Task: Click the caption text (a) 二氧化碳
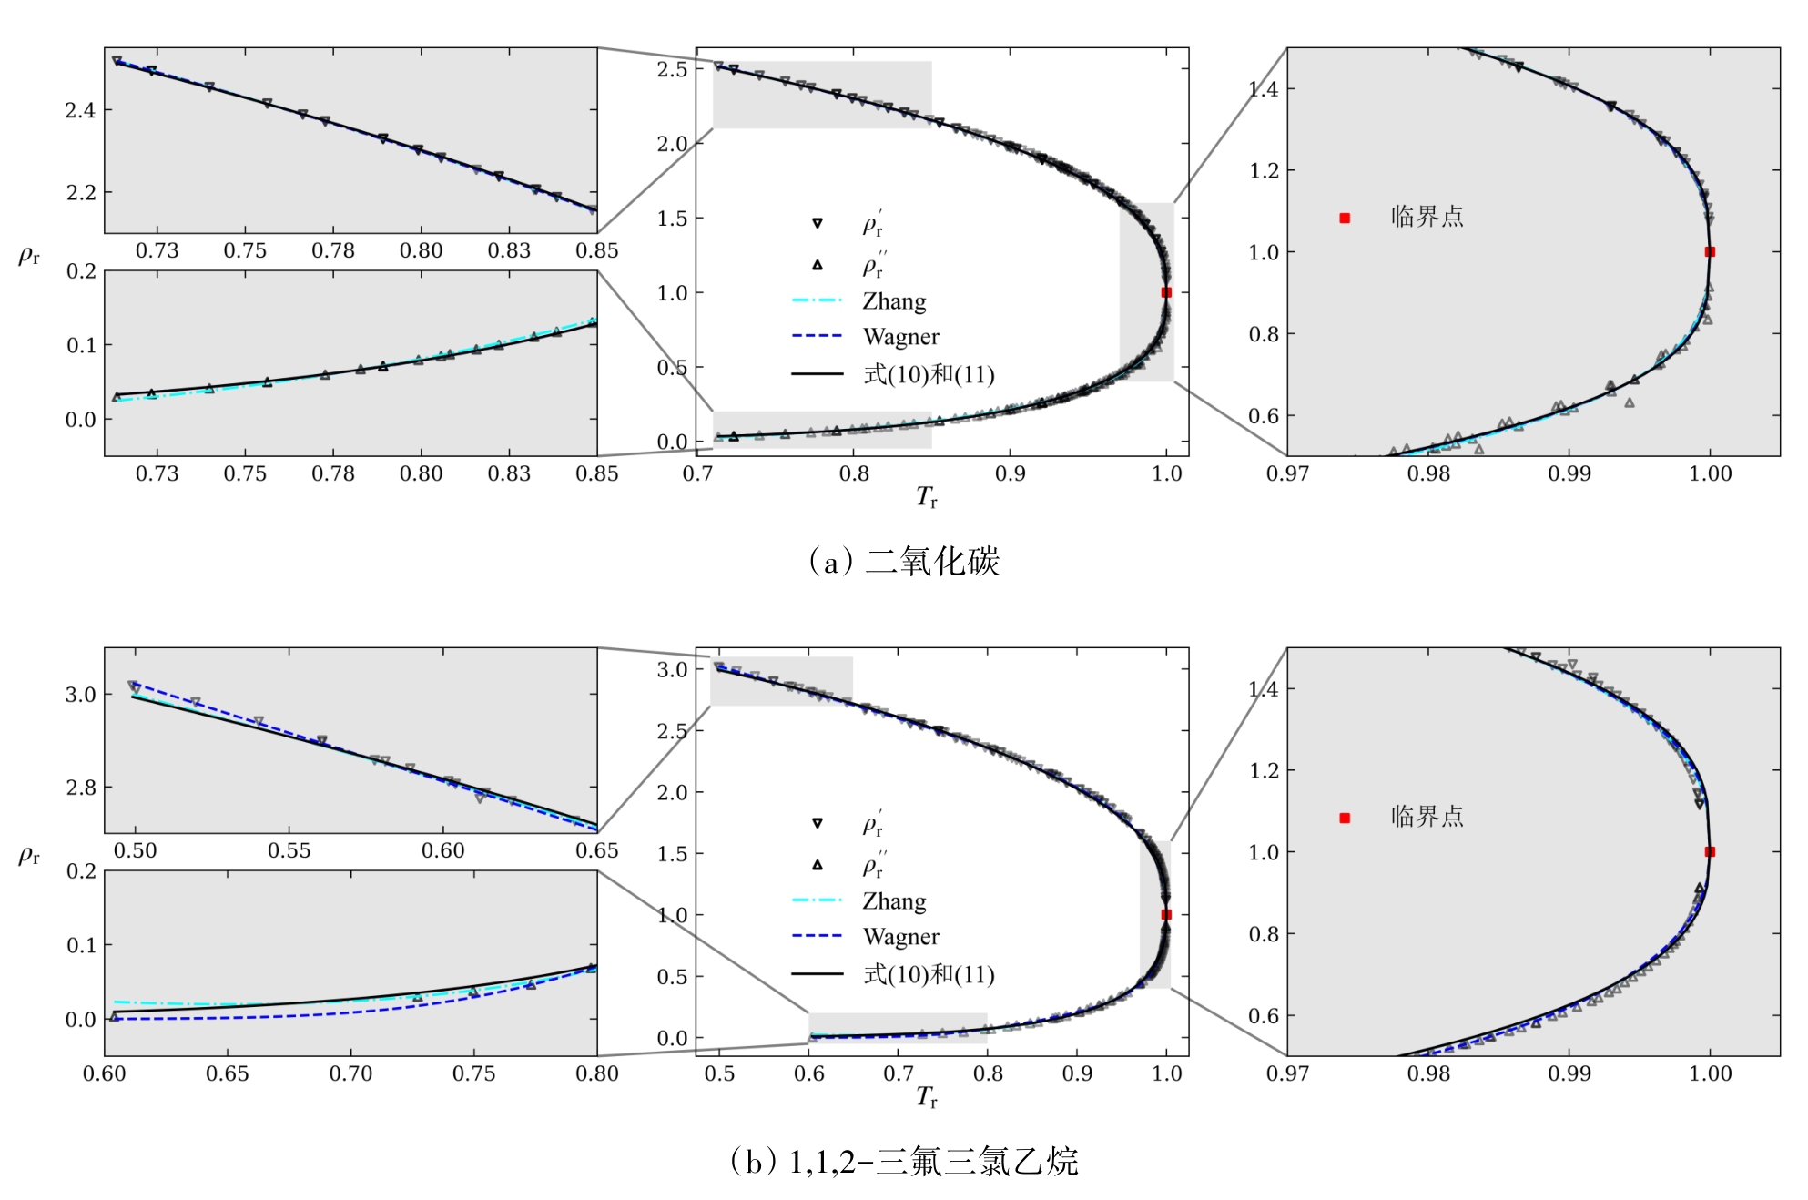click(x=904, y=562)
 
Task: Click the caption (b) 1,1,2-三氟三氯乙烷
click(x=904, y=1162)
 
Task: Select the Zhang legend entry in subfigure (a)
click(x=894, y=301)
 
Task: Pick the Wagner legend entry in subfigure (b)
click(x=900, y=937)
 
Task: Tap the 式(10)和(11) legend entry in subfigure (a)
click(x=928, y=374)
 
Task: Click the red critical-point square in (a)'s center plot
click(x=1166, y=292)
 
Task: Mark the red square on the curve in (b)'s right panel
click(x=1710, y=852)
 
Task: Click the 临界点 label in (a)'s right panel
click(x=1427, y=218)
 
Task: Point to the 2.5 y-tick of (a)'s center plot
click(x=672, y=69)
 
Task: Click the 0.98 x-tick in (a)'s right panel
click(x=1427, y=473)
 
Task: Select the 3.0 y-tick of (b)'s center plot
click(x=672, y=670)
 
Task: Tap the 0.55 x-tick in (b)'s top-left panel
click(x=289, y=851)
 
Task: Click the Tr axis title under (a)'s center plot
click(x=927, y=497)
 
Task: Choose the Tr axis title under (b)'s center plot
click(x=927, y=1097)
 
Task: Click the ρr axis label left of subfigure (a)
click(x=29, y=256)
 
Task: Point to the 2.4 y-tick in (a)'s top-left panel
click(x=80, y=111)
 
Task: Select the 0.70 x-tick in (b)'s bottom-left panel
click(x=350, y=1073)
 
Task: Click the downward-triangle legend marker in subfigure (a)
click(x=818, y=223)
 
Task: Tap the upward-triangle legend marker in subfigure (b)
click(x=818, y=865)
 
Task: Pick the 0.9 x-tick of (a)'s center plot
click(x=1010, y=473)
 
